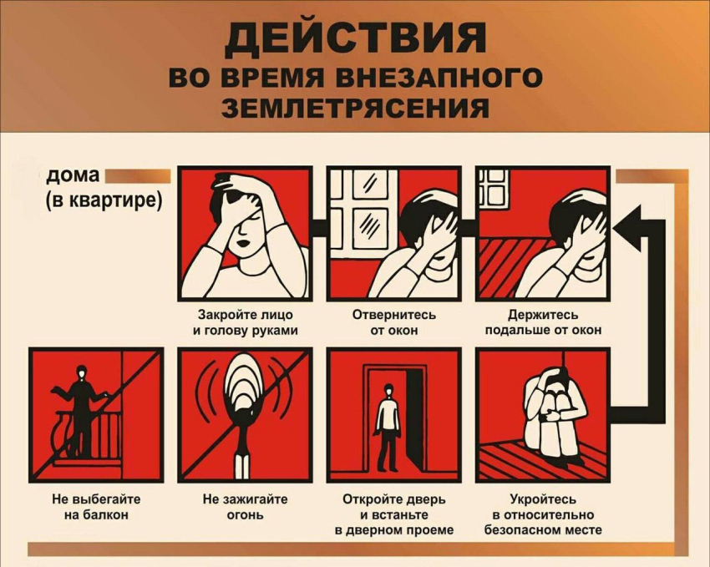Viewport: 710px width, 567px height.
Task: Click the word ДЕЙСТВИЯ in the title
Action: pos(355,38)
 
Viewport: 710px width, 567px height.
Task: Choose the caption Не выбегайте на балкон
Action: pos(96,507)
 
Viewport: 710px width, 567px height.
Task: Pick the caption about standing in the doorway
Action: pos(393,514)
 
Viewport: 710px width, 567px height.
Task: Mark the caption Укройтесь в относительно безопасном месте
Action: pos(543,514)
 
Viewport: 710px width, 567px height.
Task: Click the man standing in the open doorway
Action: pos(387,426)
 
